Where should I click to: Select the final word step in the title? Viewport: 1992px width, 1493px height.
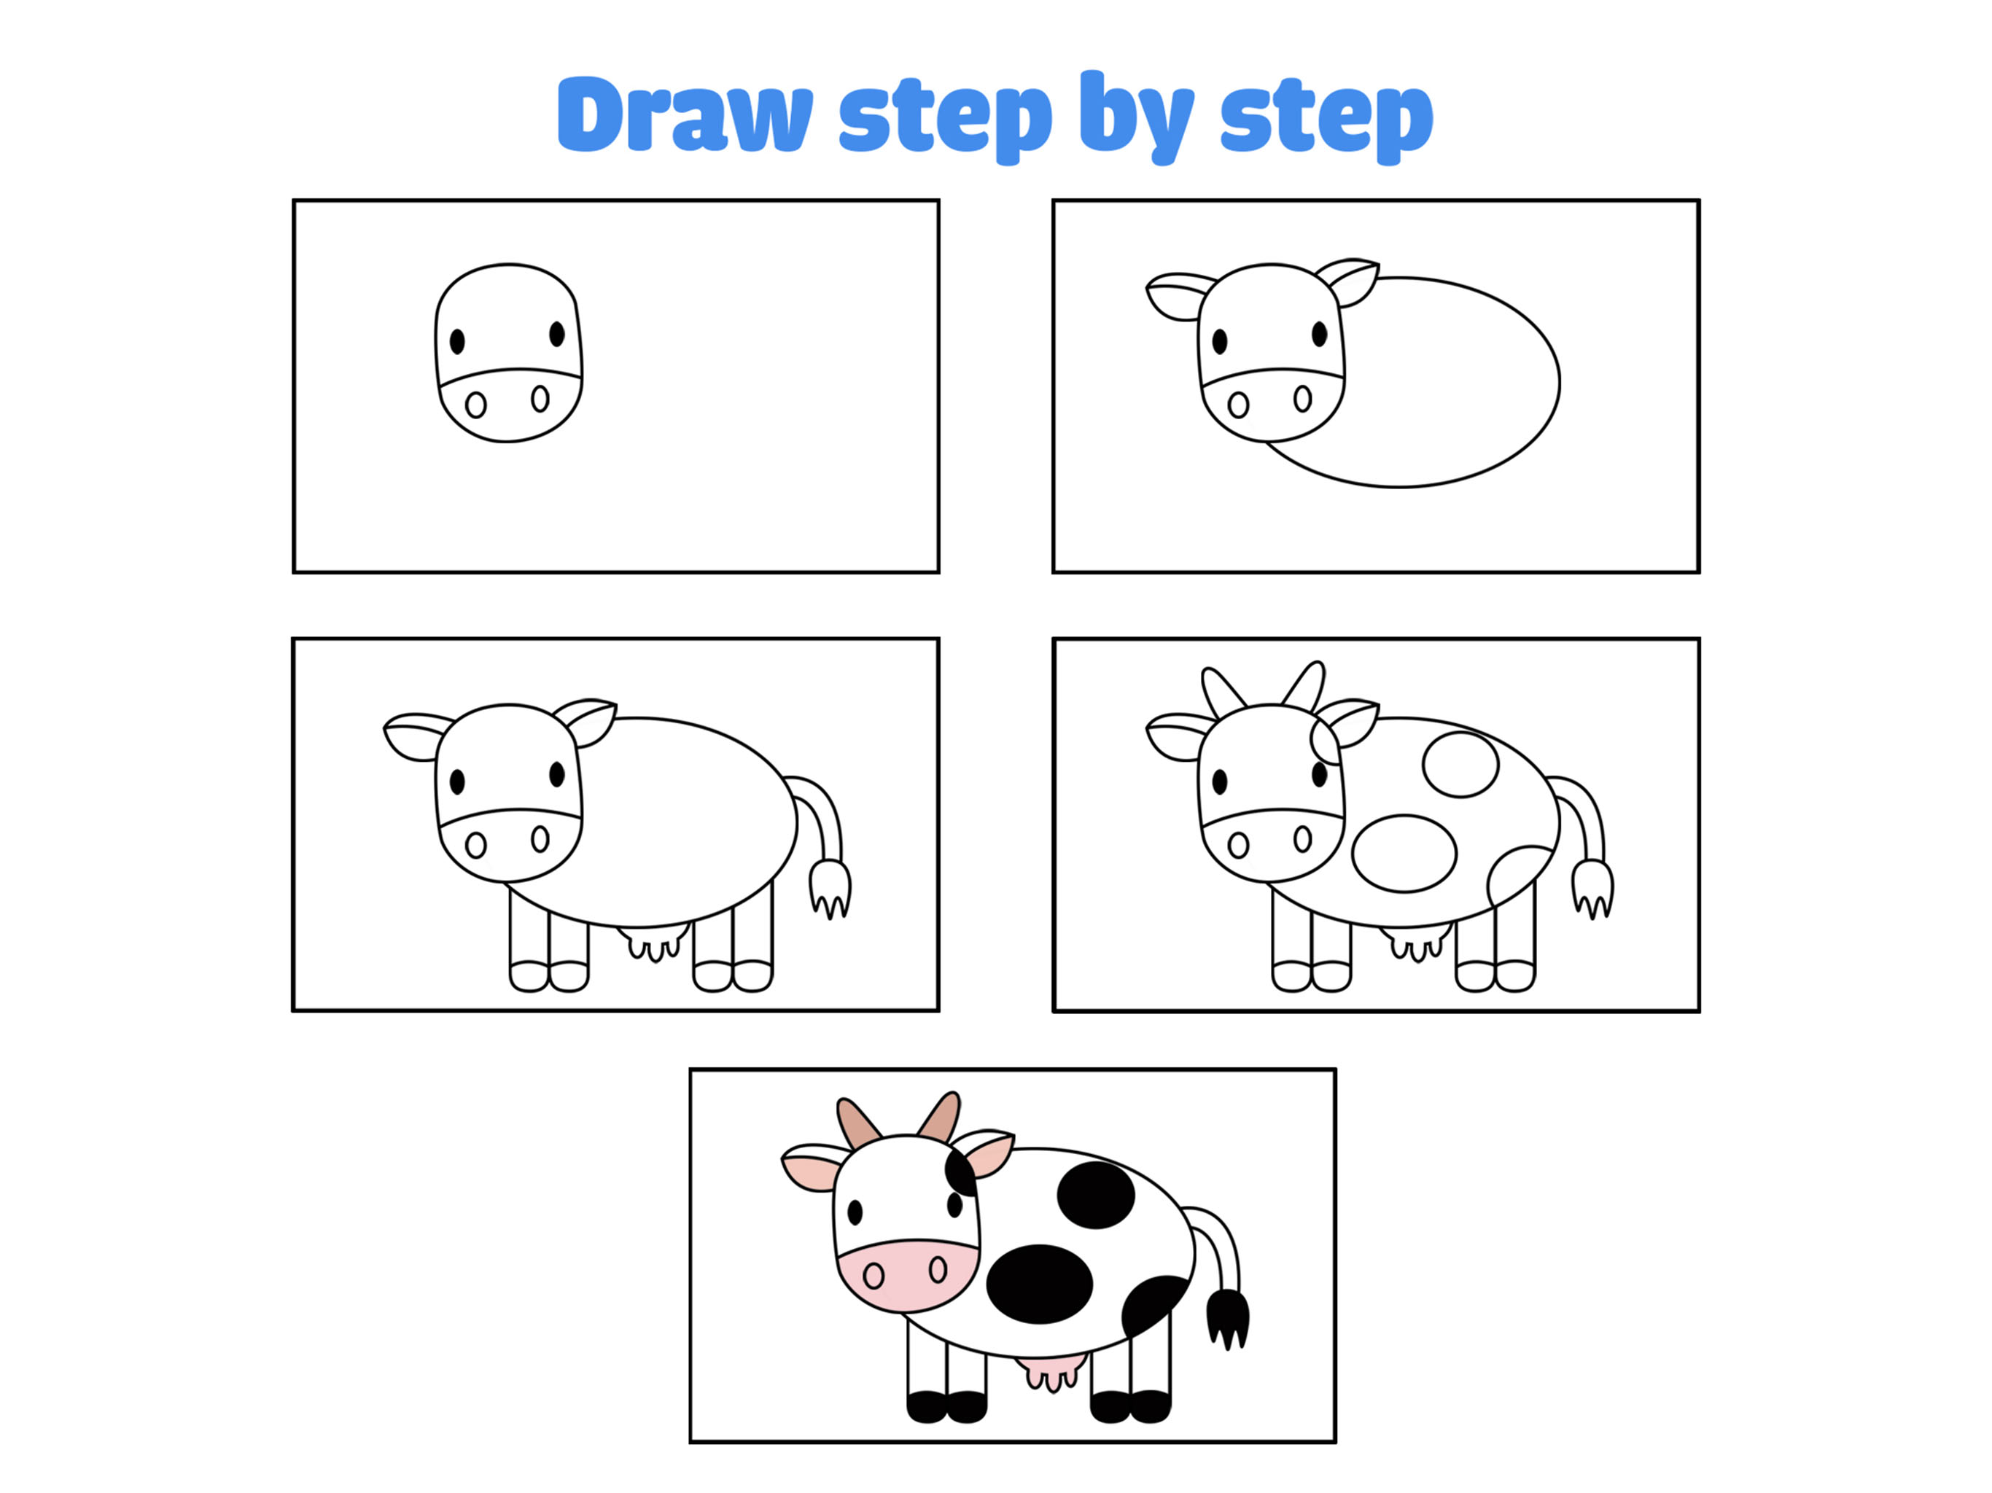tap(1326, 120)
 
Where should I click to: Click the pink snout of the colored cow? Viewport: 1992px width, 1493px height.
tap(907, 1274)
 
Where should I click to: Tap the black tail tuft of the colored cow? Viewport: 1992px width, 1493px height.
tap(1227, 1318)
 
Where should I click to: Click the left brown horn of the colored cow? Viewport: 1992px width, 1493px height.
tap(857, 1122)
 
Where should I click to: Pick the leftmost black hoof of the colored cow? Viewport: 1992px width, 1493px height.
tap(927, 1406)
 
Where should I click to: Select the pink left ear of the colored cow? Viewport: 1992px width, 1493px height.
tap(813, 1168)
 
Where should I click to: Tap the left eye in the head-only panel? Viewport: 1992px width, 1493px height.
tap(457, 341)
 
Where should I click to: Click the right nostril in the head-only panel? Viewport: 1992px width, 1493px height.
tap(540, 398)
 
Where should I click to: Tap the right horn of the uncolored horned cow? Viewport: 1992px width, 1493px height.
tap(1305, 687)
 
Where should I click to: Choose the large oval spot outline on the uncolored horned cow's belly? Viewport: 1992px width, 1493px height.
tap(1404, 853)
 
